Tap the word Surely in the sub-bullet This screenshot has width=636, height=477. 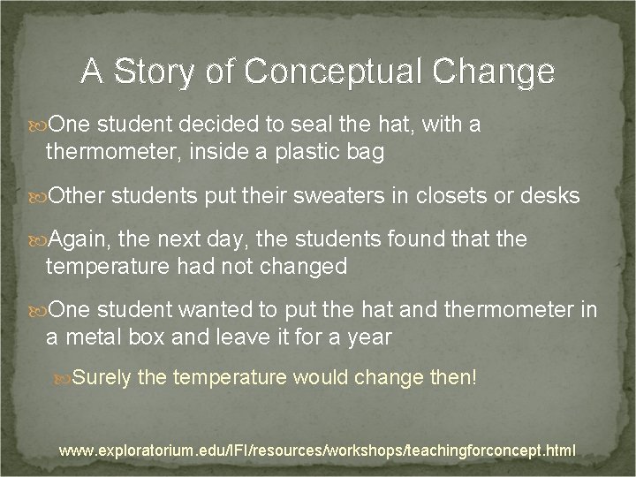click(102, 378)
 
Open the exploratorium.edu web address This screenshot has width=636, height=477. click(317, 450)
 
